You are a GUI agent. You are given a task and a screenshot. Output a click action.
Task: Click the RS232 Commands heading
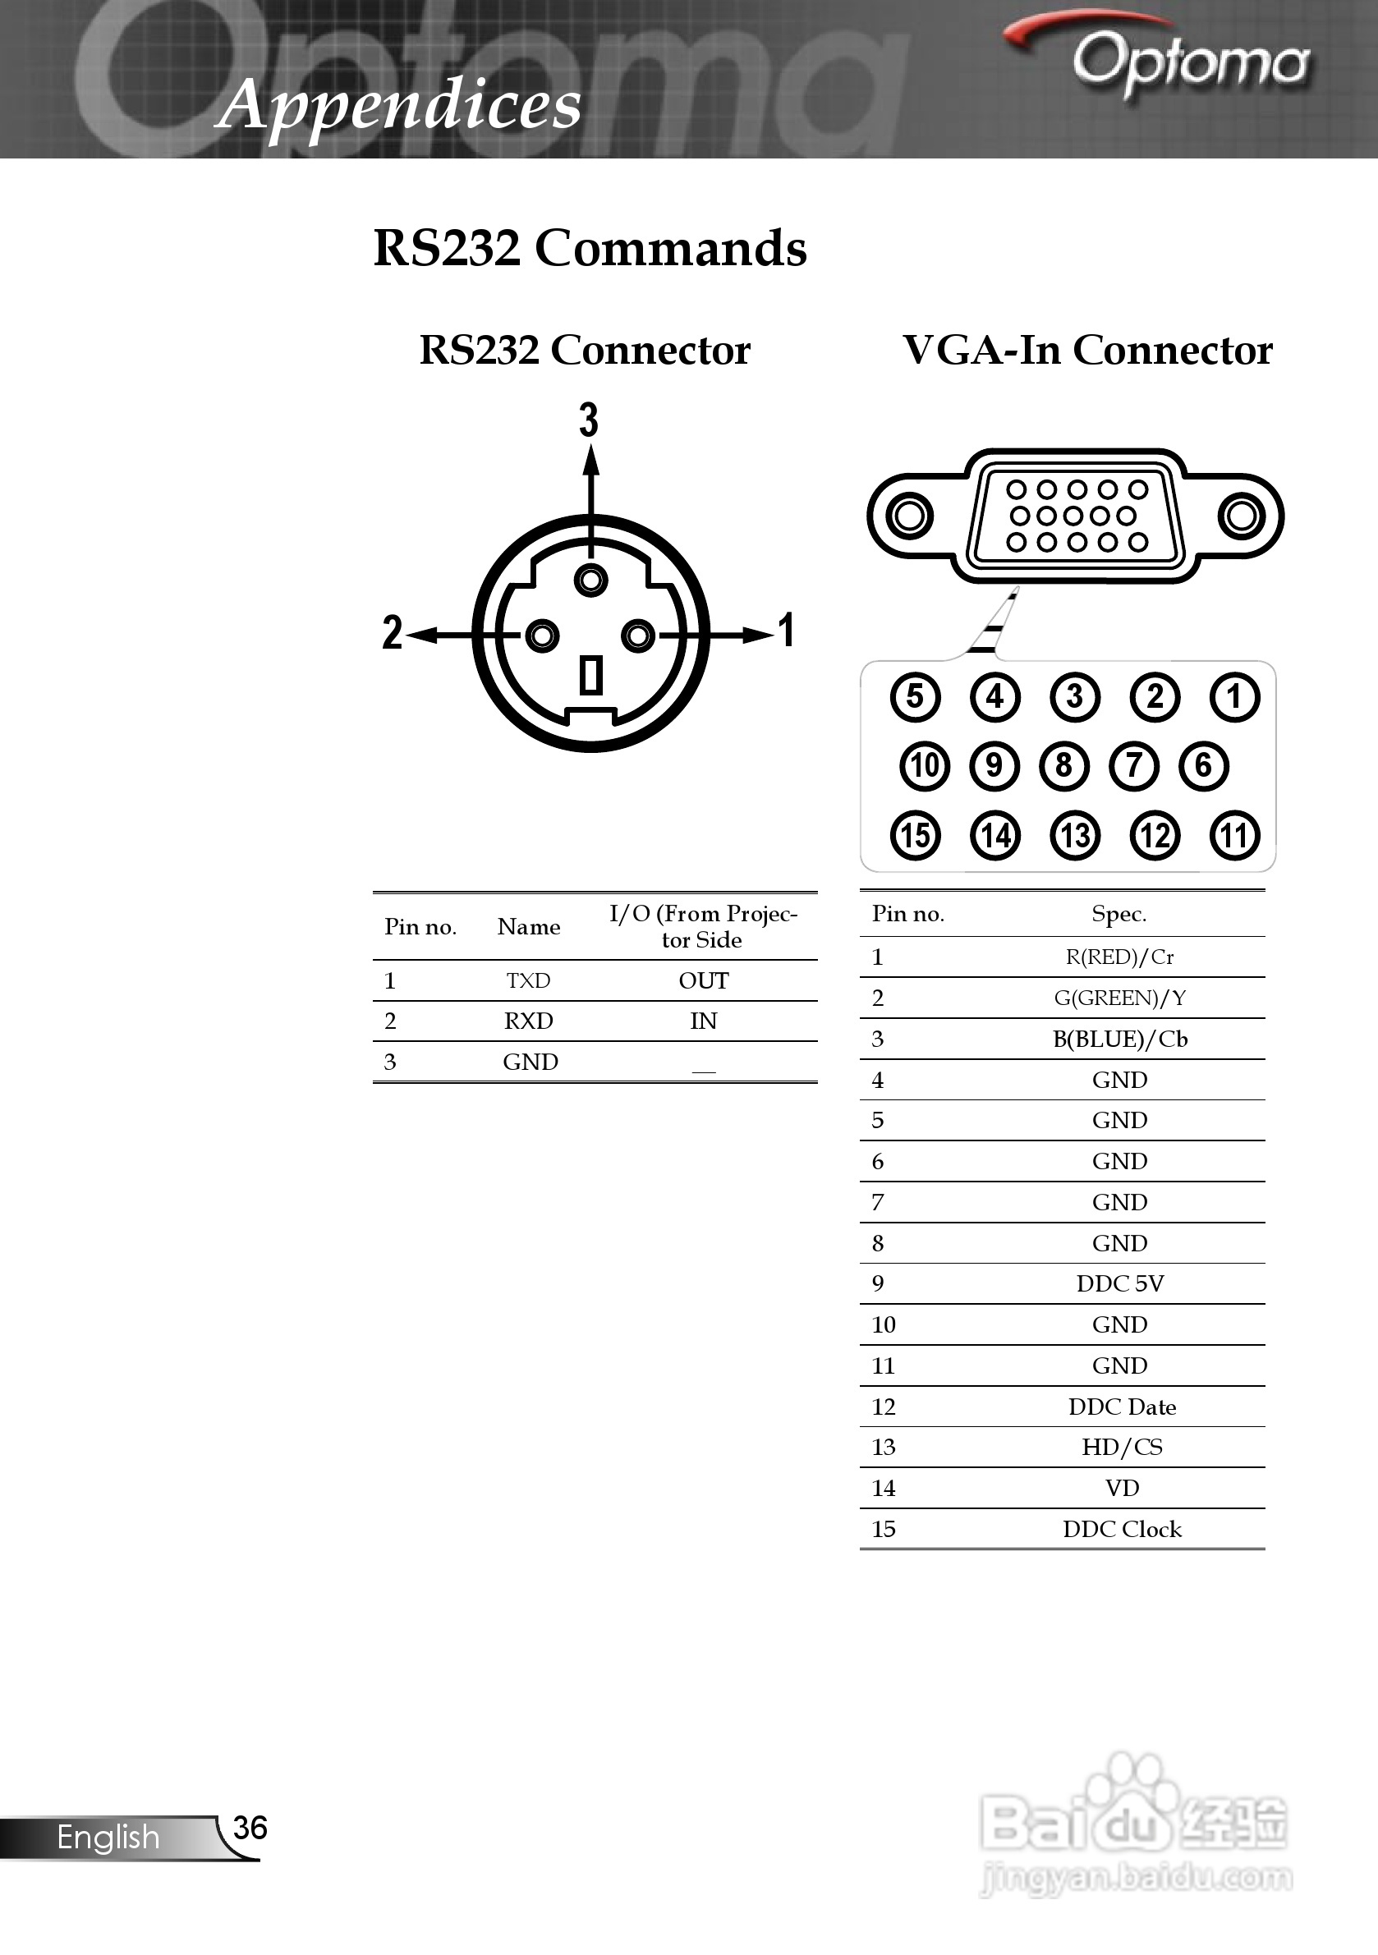[x=590, y=249]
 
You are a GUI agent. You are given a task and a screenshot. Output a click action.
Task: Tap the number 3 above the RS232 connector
[x=589, y=420]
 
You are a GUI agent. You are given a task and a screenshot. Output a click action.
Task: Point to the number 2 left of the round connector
[x=392, y=633]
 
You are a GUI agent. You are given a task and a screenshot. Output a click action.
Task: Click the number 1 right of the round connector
[x=787, y=631]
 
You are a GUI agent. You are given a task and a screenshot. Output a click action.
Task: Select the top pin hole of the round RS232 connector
[x=591, y=581]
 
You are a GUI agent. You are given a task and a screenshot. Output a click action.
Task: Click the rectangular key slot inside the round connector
[x=591, y=675]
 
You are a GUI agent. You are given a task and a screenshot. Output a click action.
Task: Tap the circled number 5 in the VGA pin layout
[x=916, y=696]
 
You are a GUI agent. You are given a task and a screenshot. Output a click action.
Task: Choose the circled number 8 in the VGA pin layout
[x=1063, y=764]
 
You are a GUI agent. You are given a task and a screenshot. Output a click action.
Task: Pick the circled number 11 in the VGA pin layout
[x=1235, y=834]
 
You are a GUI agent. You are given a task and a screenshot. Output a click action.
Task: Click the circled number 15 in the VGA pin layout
[x=916, y=834]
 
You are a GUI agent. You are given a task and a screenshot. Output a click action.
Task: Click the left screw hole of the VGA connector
[x=909, y=515]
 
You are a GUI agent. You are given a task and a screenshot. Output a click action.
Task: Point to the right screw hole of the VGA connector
[x=1241, y=515]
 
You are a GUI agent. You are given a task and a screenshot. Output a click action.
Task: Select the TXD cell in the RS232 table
[x=529, y=981]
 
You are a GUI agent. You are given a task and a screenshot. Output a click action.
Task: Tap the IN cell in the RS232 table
[x=704, y=1021]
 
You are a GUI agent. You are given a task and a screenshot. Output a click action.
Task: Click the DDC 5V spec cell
[x=1120, y=1283]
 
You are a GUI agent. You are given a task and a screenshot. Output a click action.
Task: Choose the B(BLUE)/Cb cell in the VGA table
[x=1120, y=1039]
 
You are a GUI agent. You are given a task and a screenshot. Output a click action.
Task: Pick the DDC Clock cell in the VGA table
[x=1122, y=1529]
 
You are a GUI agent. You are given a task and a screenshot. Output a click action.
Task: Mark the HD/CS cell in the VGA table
[x=1122, y=1447]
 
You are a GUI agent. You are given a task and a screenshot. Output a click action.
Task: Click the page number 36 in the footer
[x=250, y=1828]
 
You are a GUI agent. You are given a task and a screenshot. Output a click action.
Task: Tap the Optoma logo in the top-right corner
[x=1175, y=60]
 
